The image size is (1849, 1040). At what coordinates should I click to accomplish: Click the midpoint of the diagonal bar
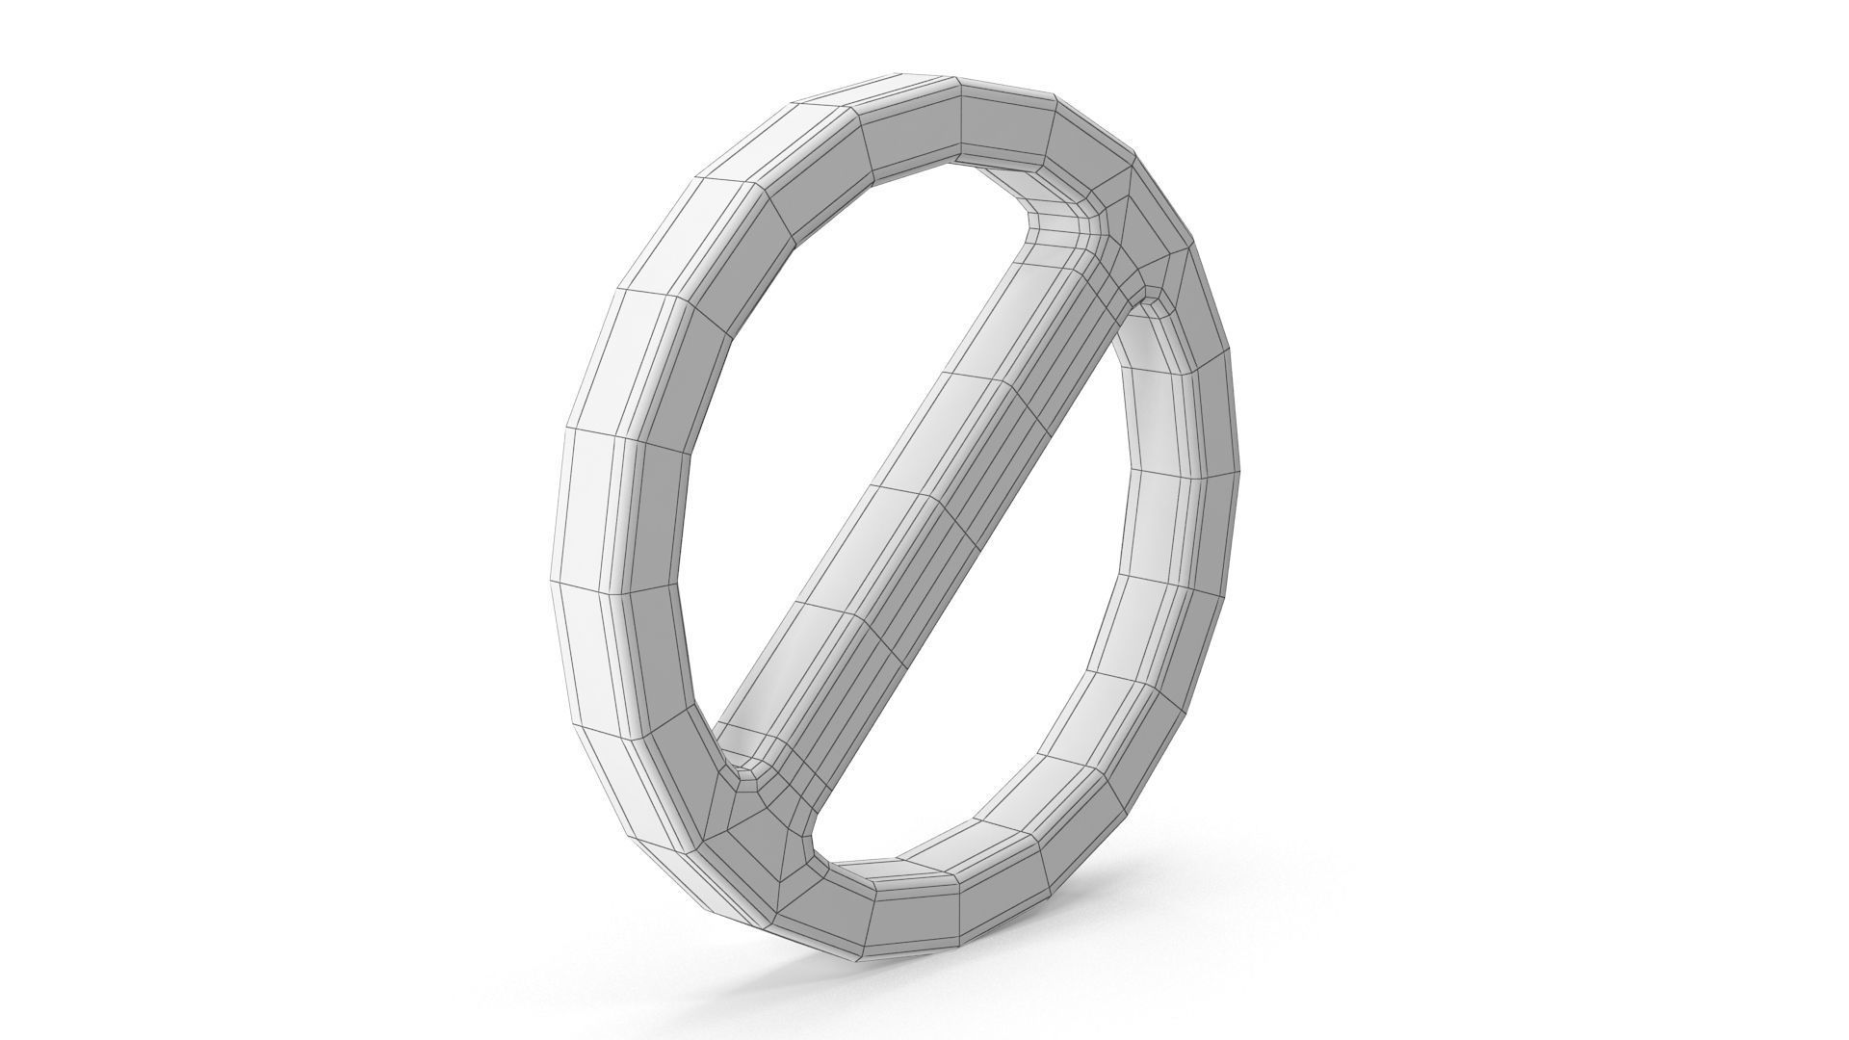point(929,501)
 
